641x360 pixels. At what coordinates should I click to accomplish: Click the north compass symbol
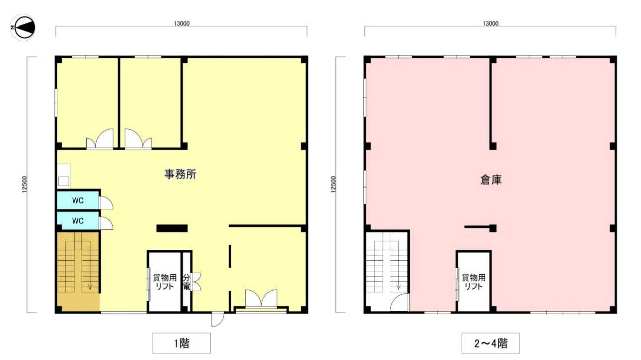click(x=22, y=28)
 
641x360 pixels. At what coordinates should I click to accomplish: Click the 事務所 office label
click(x=180, y=174)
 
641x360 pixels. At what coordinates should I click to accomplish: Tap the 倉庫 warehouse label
click(x=491, y=180)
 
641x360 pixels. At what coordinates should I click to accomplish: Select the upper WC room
click(x=78, y=200)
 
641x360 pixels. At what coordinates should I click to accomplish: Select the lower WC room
click(x=78, y=220)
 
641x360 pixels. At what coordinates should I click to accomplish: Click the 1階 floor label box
click(x=181, y=343)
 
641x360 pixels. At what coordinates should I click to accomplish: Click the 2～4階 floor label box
click(x=490, y=343)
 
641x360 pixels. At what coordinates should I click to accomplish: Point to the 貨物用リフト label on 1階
click(x=164, y=282)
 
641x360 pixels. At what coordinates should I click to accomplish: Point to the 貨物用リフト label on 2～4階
click(x=474, y=282)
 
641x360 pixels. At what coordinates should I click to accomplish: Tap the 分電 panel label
click(x=186, y=282)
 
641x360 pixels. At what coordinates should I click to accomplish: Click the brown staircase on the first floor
click(x=78, y=271)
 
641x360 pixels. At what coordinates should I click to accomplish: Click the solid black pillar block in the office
click(x=172, y=228)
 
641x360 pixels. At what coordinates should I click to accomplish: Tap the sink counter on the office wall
click(x=63, y=176)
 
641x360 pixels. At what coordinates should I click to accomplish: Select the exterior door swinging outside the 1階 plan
click(x=217, y=320)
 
